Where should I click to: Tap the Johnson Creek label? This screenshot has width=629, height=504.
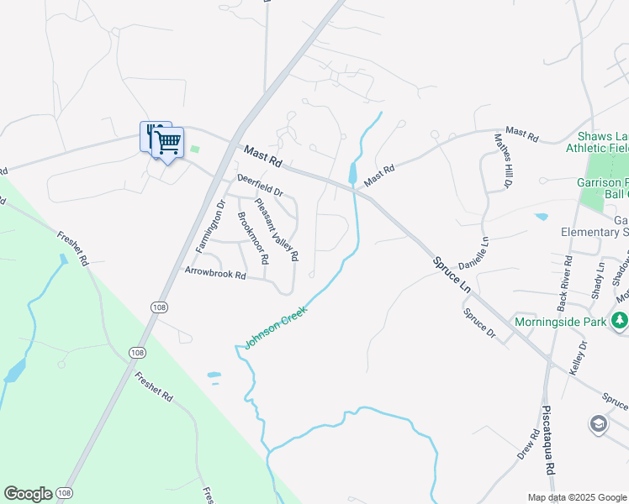[277, 328]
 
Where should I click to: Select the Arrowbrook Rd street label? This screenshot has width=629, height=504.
[217, 274]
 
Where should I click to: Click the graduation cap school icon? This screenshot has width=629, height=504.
[598, 424]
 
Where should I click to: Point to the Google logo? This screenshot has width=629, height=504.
[28, 493]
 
